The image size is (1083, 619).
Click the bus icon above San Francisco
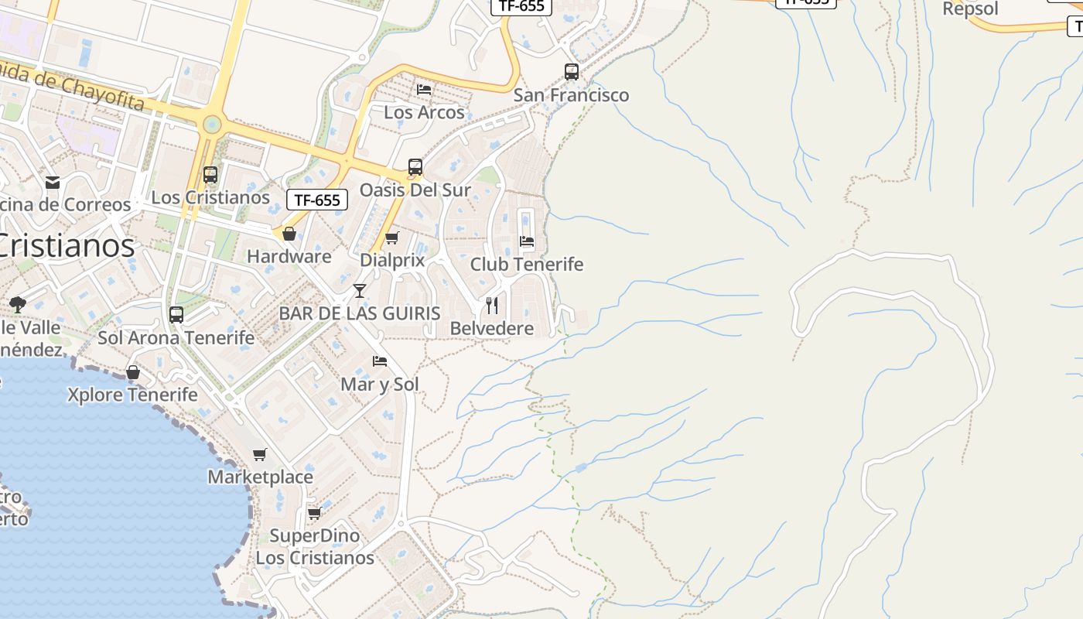[x=572, y=72]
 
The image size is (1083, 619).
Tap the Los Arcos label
[x=424, y=112]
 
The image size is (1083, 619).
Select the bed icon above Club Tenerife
[x=527, y=241]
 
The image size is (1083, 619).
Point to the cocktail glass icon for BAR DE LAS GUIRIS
[x=360, y=291]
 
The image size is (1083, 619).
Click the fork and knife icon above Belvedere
[x=492, y=306]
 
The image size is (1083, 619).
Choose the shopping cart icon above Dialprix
[x=392, y=238]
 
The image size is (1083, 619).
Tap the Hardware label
[x=289, y=256]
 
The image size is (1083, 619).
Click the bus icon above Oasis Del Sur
[x=415, y=167]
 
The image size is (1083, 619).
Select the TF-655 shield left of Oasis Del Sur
[x=317, y=200]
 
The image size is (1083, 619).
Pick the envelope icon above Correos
[x=53, y=183]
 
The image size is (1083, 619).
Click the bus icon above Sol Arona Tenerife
[x=176, y=315]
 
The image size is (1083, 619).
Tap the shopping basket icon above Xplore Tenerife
[x=133, y=373]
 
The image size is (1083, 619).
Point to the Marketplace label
[x=260, y=477]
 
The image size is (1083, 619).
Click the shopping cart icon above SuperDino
[x=314, y=513]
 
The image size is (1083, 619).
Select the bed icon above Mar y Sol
[x=380, y=361]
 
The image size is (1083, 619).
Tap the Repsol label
[x=970, y=9]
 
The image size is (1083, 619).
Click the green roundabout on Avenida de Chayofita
[x=211, y=124]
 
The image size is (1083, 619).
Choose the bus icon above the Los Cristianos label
[x=210, y=175]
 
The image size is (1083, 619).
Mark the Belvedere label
[x=492, y=328]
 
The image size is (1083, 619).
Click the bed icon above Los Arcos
[x=424, y=90]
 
